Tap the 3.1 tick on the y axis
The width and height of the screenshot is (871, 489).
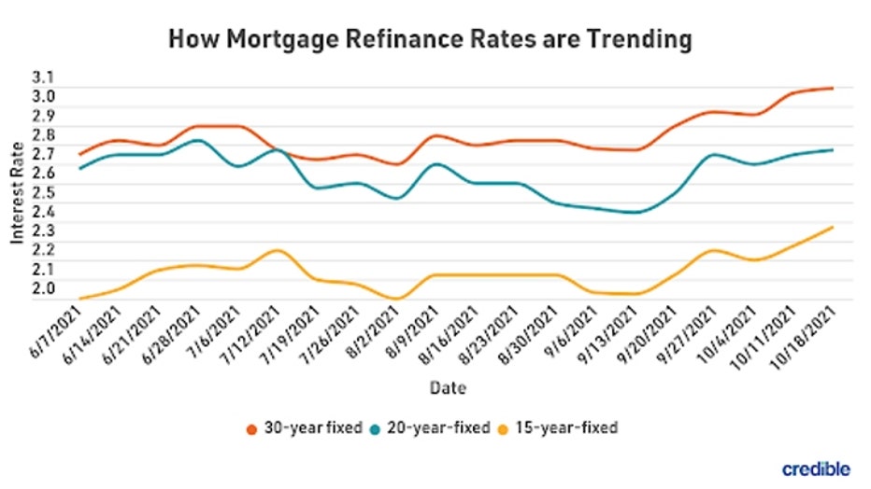click(44, 77)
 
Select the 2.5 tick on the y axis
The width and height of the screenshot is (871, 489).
click(44, 191)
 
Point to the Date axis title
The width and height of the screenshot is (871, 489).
click(448, 386)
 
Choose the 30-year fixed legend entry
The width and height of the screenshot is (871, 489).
click(299, 428)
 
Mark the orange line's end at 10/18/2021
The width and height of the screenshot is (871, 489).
click(832, 89)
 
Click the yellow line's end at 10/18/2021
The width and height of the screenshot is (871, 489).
click(832, 227)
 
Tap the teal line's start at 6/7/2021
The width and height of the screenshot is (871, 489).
click(80, 168)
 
